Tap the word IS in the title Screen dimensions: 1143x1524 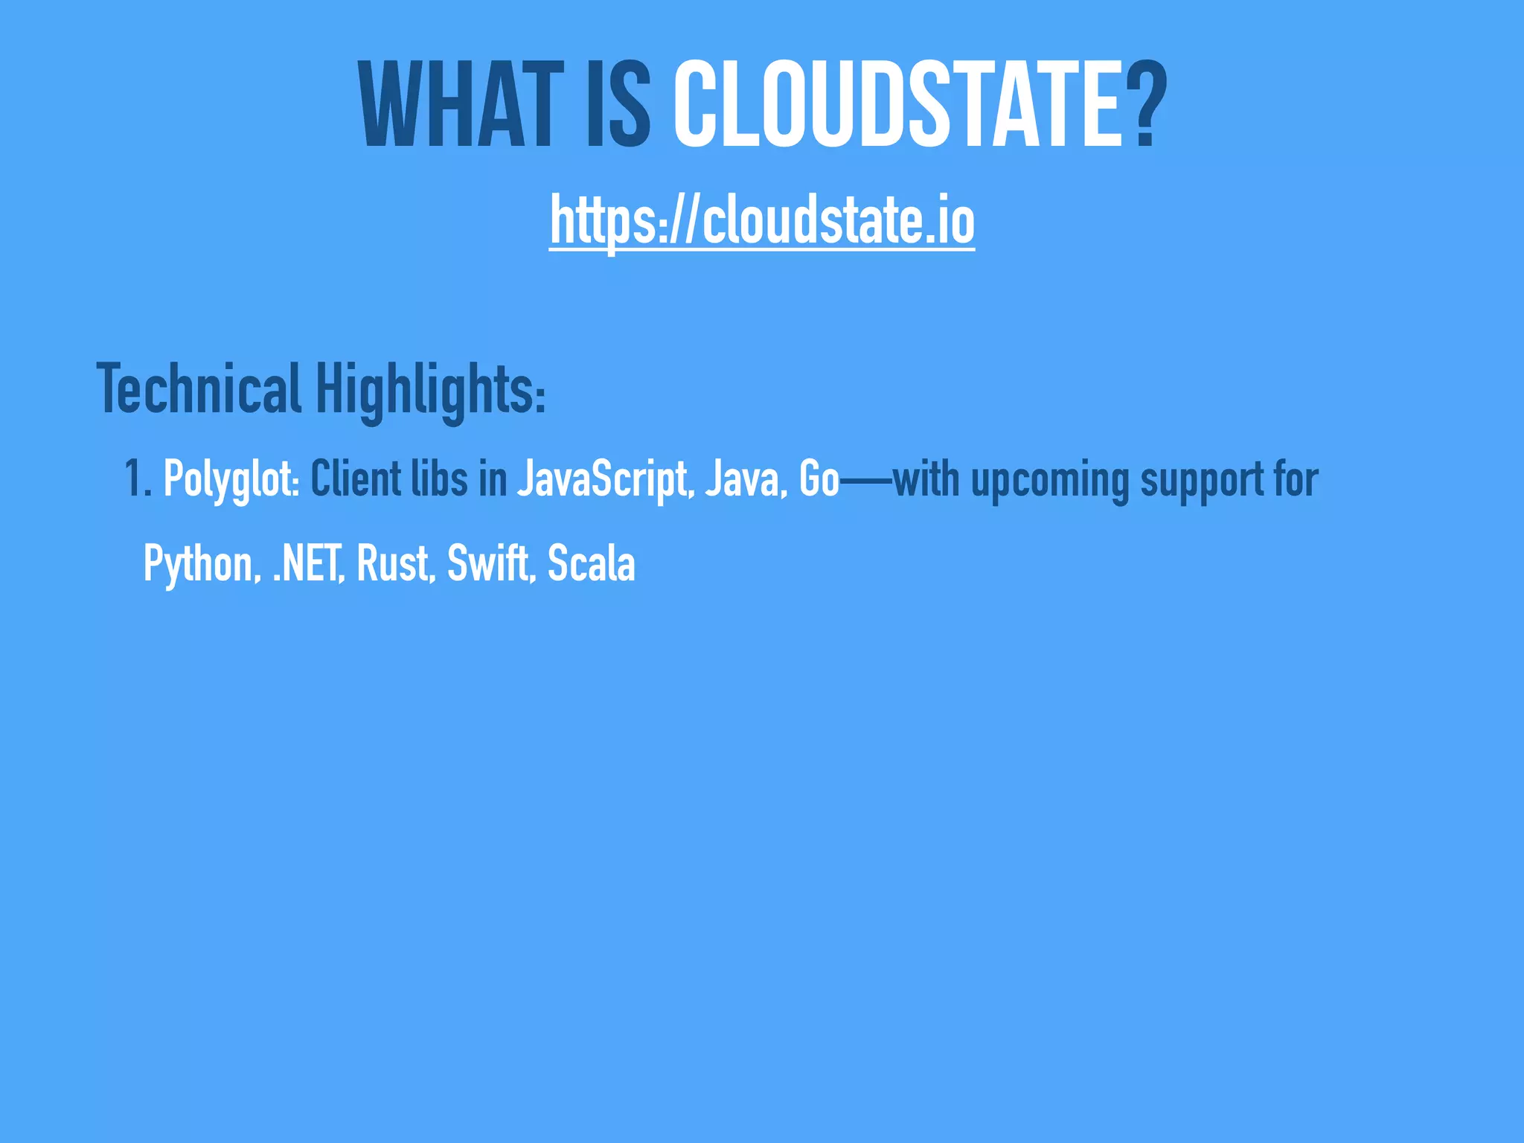tap(618, 106)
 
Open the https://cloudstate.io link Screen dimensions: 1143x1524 tap(762, 221)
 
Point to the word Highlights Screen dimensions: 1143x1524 tap(430, 390)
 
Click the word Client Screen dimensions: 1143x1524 tap(356, 478)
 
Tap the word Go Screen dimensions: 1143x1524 tap(819, 478)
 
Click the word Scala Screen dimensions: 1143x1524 tap(591, 563)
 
